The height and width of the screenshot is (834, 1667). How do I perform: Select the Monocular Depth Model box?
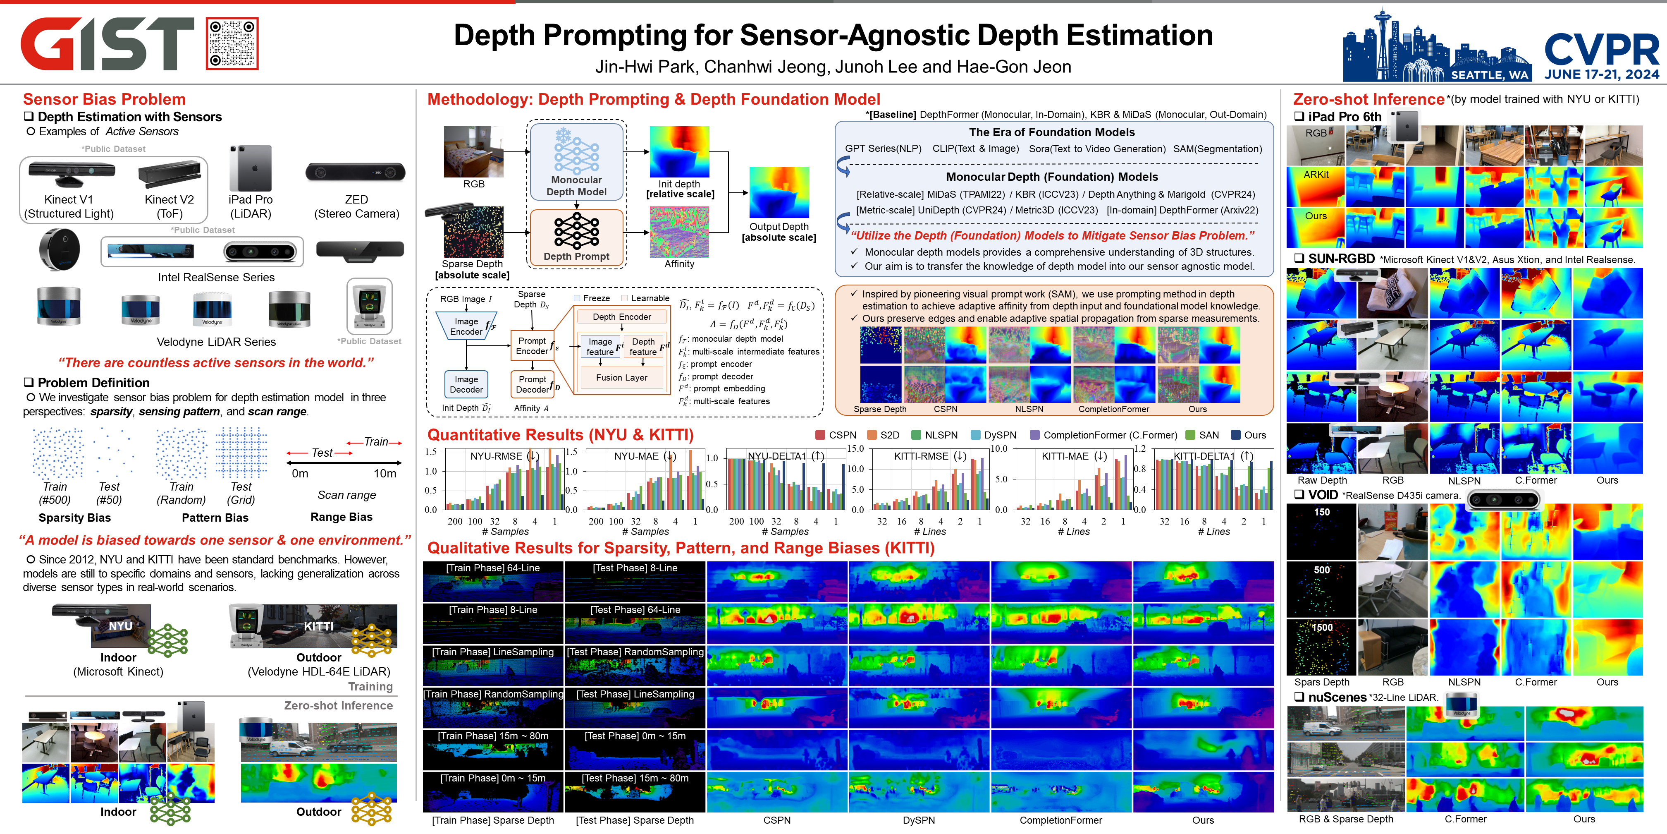576,161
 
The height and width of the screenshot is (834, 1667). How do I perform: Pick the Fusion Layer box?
621,378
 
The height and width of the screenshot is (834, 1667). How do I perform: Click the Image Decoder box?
466,384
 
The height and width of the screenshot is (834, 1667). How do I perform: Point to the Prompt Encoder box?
532,346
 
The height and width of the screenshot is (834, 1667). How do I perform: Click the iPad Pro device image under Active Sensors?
251,168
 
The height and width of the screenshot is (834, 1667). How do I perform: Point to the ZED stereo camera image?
355,172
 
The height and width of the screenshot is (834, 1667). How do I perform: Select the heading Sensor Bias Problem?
104,99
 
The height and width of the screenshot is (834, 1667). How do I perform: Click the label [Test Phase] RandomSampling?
635,652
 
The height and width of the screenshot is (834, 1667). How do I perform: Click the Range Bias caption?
341,517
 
